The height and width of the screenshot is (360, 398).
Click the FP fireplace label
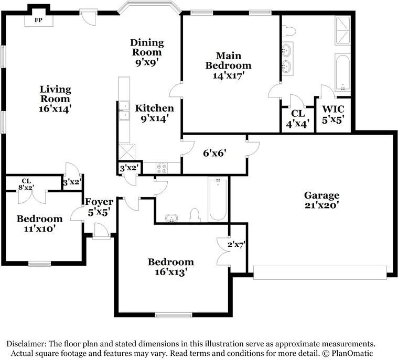click(38, 20)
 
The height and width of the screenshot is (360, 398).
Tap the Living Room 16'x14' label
click(55, 99)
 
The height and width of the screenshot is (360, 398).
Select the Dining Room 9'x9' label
click(147, 52)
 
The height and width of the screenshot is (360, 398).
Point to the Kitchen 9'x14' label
click(154, 113)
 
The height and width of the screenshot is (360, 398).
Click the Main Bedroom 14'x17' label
click(229, 66)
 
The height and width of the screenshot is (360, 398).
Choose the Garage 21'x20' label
click(321, 200)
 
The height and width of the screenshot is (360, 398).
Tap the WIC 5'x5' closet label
click(333, 114)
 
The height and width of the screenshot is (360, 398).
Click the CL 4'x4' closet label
click(298, 118)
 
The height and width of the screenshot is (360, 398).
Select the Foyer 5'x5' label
click(99, 207)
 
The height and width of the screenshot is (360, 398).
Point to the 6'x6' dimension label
click(214, 153)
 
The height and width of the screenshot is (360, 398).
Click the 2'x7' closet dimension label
click(236, 245)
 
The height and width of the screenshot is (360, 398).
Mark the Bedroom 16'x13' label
click(171, 267)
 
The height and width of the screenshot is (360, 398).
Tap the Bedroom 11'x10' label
click(40, 224)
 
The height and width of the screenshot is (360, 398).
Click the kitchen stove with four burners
click(162, 168)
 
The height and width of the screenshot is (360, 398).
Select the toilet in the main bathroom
click(289, 31)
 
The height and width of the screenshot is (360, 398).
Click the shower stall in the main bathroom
click(342, 30)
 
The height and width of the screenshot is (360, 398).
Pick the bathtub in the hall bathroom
click(218, 200)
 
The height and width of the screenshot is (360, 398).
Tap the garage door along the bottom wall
click(320, 272)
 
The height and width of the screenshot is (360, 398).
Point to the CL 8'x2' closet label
click(26, 184)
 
